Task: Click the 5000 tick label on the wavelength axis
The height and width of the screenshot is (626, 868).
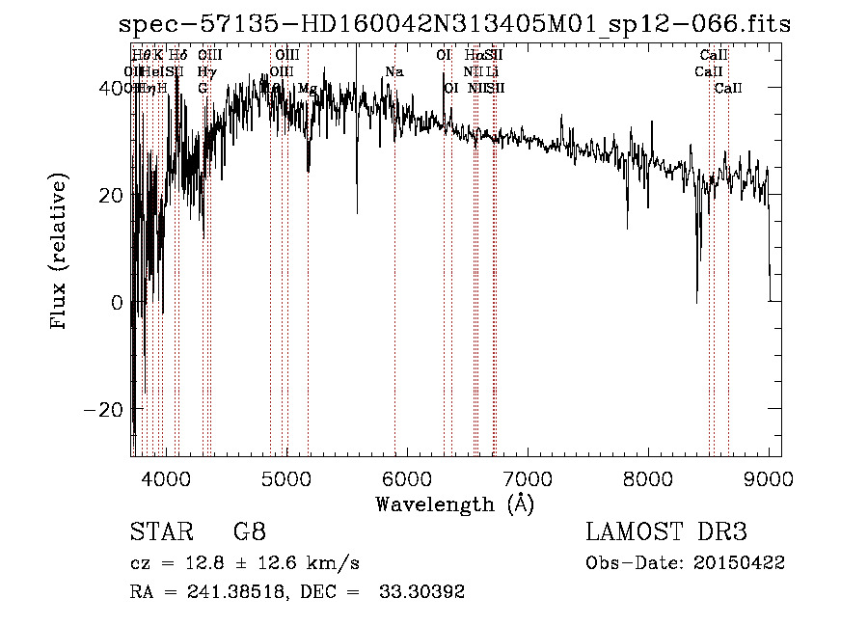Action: tap(286, 478)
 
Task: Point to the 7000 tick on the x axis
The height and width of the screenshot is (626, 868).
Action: tap(528, 478)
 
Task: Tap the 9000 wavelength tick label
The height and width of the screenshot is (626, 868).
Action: tap(769, 478)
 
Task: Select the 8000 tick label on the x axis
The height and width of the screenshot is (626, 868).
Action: tap(648, 478)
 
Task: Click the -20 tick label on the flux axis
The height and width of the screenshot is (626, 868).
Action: tap(103, 410)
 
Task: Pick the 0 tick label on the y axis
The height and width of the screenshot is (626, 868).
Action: tap(116, 303)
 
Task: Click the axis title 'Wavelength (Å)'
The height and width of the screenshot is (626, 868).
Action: tap(454, 504)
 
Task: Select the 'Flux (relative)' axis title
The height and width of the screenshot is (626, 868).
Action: tap(60, 253)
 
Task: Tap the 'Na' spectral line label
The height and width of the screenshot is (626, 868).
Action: tap(393, 72)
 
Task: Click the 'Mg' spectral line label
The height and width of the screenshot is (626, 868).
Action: tap(307, 89)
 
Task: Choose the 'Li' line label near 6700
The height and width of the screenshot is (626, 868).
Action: tap(492, 72)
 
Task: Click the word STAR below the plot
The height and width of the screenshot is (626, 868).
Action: tap(158, 532)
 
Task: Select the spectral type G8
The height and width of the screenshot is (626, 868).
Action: tap(249, 532)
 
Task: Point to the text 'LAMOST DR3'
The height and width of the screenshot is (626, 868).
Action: tap(666, 532)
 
